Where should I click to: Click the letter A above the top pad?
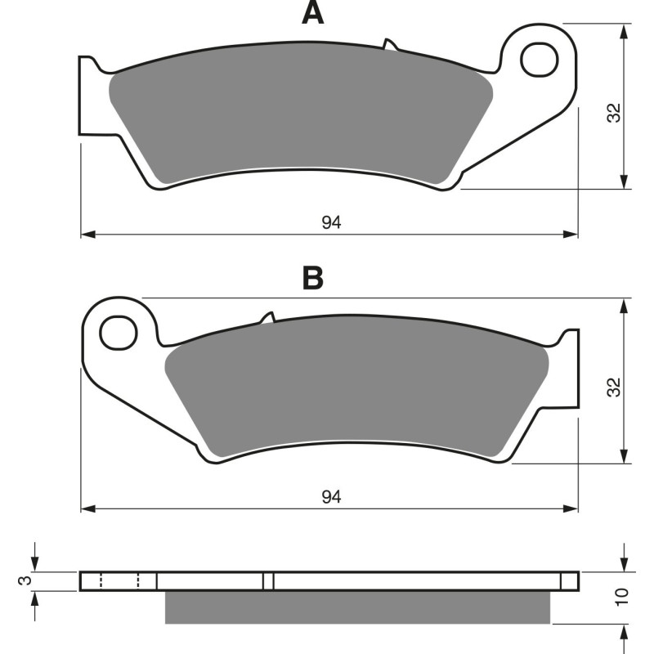click(312, 13)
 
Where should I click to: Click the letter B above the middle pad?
click(312, 278)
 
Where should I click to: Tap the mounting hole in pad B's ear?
click(118, 333)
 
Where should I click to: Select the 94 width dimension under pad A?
click(330, 222)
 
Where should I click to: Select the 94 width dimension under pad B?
click(330, 496)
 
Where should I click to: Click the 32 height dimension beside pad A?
click(616, 112)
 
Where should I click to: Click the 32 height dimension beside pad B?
click(616, 386)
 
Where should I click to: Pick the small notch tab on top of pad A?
click(388, 43)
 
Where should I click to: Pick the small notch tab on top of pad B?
click(267, 317)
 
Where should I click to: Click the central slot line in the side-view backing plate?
click(267, 581)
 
